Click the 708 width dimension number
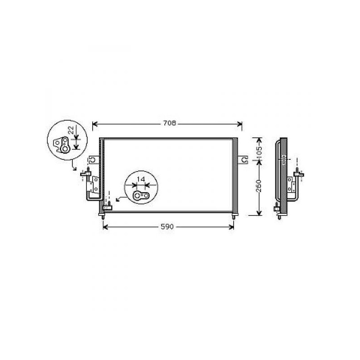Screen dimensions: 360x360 [170, 123]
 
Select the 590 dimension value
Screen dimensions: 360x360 [167, 227]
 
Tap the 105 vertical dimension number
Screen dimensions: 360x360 [259, 152]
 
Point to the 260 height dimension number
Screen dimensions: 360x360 [259, 186]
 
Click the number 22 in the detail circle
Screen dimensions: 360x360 [71, 130]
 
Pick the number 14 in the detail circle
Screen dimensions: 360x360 [141, 179]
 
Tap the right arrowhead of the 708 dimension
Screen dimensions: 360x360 [239, 124]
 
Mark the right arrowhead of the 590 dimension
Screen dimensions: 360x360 [231, 227]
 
